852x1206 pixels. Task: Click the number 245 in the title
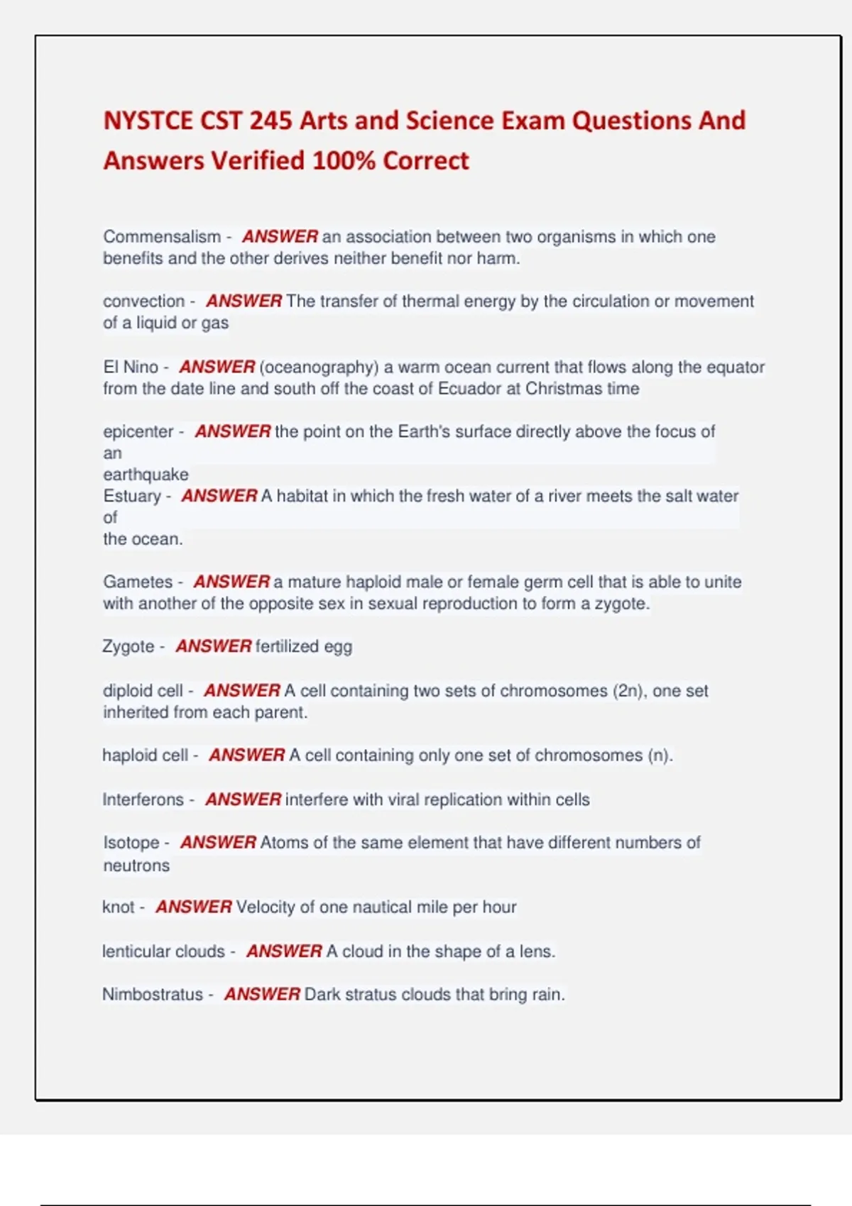pos(270,121)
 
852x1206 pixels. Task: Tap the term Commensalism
pos(162,236)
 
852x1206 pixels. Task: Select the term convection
pos(143,301)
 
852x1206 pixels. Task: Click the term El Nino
pos(131,367)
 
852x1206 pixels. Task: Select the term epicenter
pos(138,431)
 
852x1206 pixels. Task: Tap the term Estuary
pos(132,496)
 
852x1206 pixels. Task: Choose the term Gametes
pos(138,582)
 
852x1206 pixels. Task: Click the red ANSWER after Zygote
pos(214,646)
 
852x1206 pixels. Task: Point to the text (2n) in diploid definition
pos(628,691)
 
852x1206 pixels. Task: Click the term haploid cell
pos(145,755)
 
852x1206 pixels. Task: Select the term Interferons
pos(143,800)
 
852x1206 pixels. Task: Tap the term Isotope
pos(131,843)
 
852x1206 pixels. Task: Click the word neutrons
pos(136,865)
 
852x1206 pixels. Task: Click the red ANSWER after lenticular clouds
pos(284,951)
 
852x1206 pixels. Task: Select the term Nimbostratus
pos(153,995)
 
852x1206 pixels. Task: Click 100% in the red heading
pos(344,161)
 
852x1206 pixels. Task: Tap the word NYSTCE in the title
pos(148,121)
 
